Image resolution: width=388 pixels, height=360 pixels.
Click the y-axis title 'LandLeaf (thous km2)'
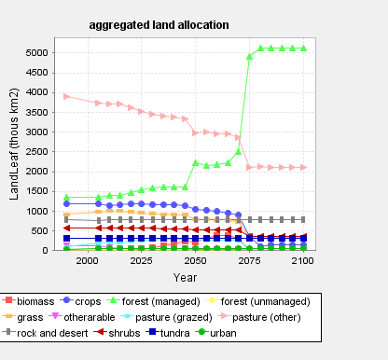(x=14, y=145)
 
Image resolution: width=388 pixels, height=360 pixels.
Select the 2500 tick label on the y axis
(x=37, y=152)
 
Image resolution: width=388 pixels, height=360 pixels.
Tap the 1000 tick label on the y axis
(x=37, y=211)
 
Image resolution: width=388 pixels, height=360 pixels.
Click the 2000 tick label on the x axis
(x=88, y=261)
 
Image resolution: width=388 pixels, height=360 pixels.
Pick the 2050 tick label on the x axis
(x=195, y=261)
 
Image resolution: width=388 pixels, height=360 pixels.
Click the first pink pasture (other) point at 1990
(x=66, y=96)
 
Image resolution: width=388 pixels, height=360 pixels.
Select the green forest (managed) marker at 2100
(x=303, y=48)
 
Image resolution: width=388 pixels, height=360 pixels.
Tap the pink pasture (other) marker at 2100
(x=303, y=167)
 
